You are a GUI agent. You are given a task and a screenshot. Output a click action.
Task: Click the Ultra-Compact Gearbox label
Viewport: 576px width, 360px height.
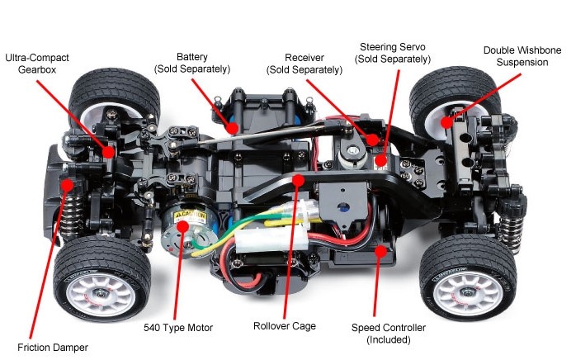coord(37,64)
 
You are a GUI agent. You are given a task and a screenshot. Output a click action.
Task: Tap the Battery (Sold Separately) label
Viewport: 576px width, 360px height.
coord(191,62)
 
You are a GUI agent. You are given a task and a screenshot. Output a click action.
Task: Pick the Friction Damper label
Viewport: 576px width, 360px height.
coord(52,347)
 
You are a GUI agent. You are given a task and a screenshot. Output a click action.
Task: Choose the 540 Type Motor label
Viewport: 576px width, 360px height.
coord(177,328)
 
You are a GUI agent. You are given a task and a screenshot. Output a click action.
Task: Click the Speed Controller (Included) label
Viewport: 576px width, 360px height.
coord(389,334)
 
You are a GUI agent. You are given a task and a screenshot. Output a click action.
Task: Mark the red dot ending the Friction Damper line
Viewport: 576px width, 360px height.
coord(67,185)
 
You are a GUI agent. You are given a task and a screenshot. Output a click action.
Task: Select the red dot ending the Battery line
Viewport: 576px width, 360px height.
coord(234,128)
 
